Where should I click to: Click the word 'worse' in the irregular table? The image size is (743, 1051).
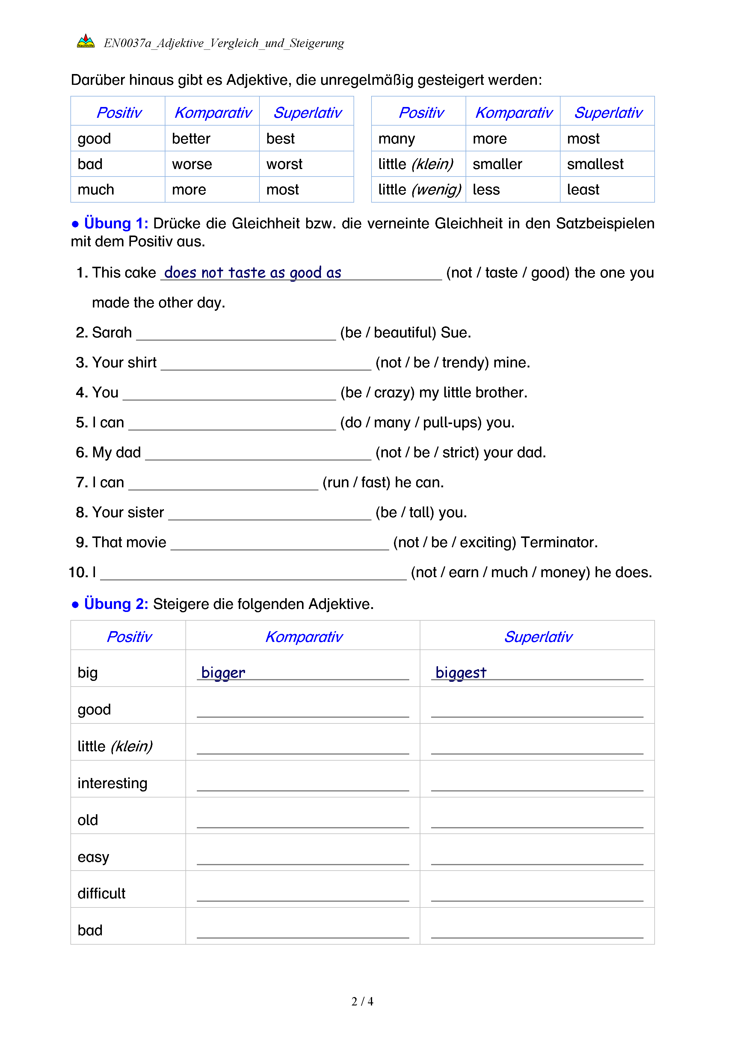click(192, 164)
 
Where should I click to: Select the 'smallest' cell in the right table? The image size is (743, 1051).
click(595, 164)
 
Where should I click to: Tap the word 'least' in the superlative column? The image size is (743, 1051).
click(583, 189)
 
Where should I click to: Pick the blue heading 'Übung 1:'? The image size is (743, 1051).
click(116, 223)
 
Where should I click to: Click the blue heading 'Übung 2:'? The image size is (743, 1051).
click(116, 604)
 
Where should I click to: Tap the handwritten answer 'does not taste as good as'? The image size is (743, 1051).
click(253, 273)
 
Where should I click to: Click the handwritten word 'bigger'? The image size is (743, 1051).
click(223, 673)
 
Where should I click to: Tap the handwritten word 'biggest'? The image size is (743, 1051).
click(461, 673)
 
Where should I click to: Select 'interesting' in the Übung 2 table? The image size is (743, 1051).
click(113, 783)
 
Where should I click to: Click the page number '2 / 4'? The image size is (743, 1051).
click(362, 1002)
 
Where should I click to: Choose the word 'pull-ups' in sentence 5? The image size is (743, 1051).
click(451, 423)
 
